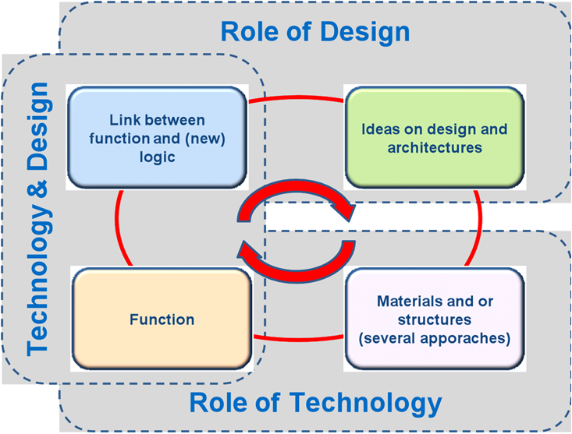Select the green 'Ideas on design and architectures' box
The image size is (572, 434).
[434, 138]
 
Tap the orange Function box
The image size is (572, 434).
[162, 319]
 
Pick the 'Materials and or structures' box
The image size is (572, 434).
[434, 319]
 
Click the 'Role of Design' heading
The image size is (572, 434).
[314, 32]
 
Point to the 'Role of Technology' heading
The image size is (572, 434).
[315, 403]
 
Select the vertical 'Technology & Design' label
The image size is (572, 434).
[38, 217]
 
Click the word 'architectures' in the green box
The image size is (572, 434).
[434, 146]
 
